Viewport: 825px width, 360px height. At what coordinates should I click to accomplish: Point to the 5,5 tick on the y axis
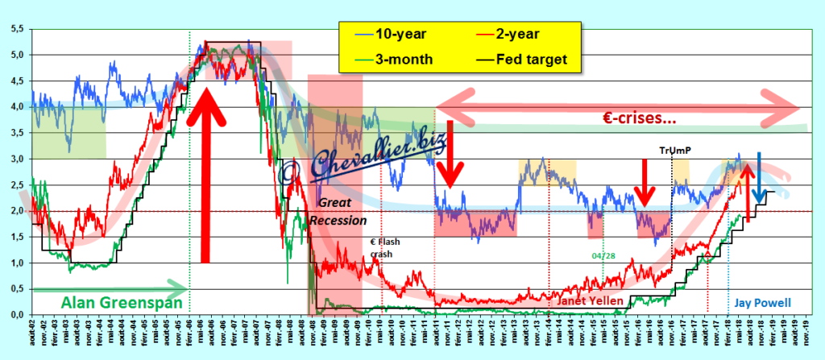pos(16,29)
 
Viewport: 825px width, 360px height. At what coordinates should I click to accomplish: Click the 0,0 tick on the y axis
pos(16,314)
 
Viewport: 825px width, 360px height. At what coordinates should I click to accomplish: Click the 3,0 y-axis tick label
pos(16,159)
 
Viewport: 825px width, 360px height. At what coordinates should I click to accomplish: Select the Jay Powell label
pos(762,303)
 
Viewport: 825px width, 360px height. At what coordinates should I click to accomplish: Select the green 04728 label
pos(603,256)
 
